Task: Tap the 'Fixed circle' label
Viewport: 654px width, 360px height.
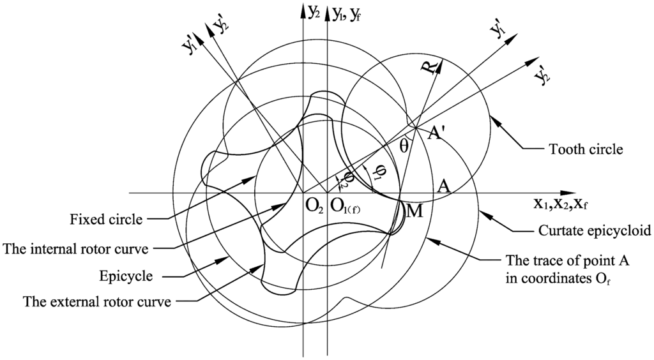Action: [107, 220]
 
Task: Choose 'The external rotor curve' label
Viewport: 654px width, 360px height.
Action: [96, 301]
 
